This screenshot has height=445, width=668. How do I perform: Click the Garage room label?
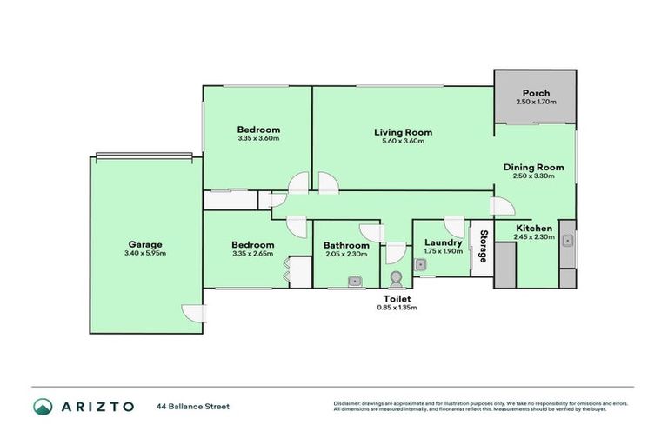click(145, 244)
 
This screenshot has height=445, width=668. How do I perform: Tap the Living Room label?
click(403, 132)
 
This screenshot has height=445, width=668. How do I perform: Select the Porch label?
click(535, 93)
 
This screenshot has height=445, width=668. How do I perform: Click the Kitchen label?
click(533, 228)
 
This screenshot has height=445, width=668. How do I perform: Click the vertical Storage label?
click(480, 247)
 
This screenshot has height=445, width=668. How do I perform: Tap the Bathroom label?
click(345, 245)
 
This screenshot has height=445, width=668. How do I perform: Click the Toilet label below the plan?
click(397, 298)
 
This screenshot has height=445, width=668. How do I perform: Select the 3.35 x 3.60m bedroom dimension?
click(257, 138)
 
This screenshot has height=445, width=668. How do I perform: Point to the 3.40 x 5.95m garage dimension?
click(145, 254)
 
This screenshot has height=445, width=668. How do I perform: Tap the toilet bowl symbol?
click(397, 279)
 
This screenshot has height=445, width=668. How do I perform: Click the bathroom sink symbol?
click(355, 280)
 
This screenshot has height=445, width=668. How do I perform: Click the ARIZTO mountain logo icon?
click(43, 406)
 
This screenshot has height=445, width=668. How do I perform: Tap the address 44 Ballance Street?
click(193, 406)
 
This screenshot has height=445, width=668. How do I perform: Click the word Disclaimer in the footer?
click(348, 403)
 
